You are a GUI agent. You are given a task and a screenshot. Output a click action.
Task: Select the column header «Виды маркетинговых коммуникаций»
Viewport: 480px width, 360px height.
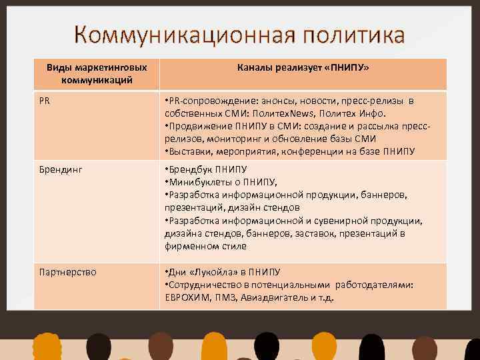pos(96,74)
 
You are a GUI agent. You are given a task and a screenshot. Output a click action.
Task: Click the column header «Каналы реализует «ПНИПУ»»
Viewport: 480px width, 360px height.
pos(303,68)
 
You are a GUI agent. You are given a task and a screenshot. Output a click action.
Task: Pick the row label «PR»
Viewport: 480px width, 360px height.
pos(44,101)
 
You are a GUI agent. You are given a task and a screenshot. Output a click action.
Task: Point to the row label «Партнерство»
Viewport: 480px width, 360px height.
pos(67,272)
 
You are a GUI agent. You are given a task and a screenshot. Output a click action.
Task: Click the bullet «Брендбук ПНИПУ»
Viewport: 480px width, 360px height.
pos(207,170)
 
